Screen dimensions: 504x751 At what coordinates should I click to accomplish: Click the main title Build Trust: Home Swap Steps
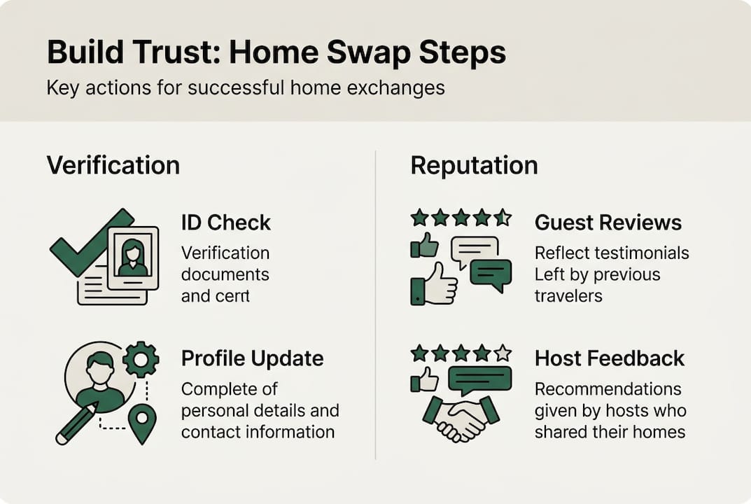pyautogui.click(x=276, y=54)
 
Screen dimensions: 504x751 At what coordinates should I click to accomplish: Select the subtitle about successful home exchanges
pyautogui.click(x=246, y=89)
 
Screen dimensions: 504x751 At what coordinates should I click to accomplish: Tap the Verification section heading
pyautogui.click(x=113, y=165)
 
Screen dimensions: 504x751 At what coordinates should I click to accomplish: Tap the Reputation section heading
pyautogui.click(x=474, y=165)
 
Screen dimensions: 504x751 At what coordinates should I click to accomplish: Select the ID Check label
pyautogui.click(x=225, y=223)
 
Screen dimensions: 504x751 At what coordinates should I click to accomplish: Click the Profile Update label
pyautogui.click(x=252, y=358)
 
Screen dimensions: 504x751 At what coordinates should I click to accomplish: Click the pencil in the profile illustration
pyautogui.click(x=76, y=424)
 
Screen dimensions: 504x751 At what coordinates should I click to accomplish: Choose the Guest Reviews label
pyautogui.click(x=608, y=223)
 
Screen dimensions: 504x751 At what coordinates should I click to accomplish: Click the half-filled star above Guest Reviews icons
pyautogui.click(x=503, y=218)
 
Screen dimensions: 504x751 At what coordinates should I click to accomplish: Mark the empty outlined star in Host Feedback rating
pyautogui.click(x=503, y=352)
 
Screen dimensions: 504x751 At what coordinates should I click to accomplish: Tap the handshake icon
pyautogui.click(x=461, y=419)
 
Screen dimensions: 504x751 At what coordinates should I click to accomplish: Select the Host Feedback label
pyautogui.click(x=609, y=358)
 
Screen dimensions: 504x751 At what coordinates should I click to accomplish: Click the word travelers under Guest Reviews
pyautogui.click(x=568, y=295)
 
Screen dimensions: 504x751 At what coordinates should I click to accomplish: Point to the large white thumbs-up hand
pyautogui.click(x=440, y=283)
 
